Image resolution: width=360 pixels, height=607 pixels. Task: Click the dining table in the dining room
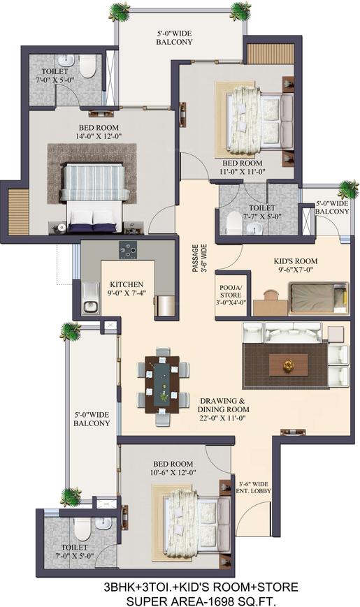(162, 385)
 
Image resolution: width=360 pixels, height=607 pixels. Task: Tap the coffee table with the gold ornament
(288, 365)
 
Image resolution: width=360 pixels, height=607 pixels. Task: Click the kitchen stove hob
(127, 251)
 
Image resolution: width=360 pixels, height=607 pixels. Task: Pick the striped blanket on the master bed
(94, 181)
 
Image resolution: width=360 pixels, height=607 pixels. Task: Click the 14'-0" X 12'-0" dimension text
(99, 136)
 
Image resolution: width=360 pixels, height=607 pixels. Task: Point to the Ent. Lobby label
(254, 491)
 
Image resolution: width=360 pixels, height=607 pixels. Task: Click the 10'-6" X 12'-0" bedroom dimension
(173, 472)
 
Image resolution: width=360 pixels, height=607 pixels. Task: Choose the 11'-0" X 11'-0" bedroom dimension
(243, 172)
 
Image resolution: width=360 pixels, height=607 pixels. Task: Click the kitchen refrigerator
(166, 306)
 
